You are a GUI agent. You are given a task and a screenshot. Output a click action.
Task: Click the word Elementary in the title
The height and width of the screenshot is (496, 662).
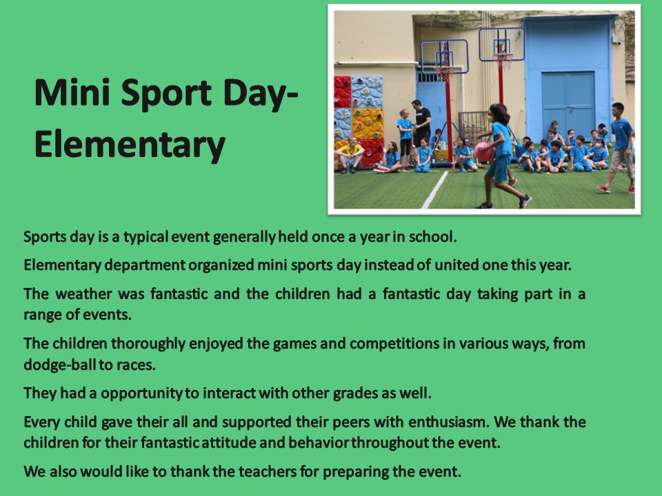click(130, 145)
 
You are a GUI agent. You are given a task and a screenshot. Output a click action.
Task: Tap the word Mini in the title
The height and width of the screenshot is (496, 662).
click(72, 92)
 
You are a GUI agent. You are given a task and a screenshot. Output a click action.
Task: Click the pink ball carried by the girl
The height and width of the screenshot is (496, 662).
click(484, 152)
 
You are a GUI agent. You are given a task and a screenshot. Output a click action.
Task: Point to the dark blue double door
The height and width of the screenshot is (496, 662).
click(568, 106)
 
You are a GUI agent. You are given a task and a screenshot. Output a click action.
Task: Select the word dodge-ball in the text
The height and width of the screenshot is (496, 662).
click(59, 364)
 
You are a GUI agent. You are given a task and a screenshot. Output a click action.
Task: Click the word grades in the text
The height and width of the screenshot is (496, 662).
click(356, 393)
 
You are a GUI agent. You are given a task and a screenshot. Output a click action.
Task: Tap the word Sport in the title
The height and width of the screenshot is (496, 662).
click(166, 94)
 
